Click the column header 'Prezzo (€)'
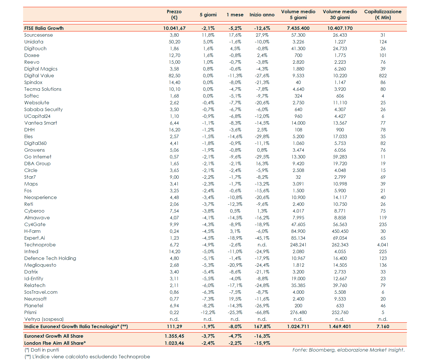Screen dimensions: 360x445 pos(174,14)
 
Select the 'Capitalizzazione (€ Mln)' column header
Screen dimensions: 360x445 pos(382,14)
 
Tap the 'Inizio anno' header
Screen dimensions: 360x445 pos(262,15)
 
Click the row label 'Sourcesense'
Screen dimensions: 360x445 pos(39,35)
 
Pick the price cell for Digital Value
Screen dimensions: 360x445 pos(174,76)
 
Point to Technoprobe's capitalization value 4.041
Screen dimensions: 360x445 pos(382,245)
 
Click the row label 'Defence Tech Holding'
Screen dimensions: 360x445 pos(50,258)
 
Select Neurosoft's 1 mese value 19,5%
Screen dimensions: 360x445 pos(235,299)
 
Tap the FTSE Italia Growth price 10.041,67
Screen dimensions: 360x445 pos(174,28)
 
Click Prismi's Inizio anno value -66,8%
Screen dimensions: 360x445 pos(262,312)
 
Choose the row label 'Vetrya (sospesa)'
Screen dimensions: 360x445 pos(44,319)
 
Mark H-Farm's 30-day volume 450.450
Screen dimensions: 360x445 pos(340,231)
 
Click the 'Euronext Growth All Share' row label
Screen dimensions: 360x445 pos(54,336)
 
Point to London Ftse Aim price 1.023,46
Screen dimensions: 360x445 pos(174,343)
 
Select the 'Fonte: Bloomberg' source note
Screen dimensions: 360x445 pos(348,350)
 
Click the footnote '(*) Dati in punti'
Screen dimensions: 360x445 pos(42,350)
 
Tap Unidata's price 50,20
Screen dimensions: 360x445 pos(174,42)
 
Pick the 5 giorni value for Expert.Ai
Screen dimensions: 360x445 pos(208,238)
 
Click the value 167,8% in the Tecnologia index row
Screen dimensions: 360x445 pos(262,326)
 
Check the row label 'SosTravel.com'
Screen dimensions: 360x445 pos(41,292)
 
